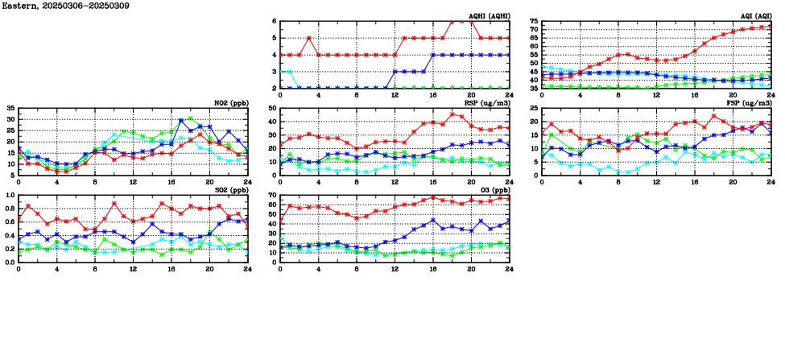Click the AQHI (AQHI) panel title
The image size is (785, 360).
(x=489, y=15)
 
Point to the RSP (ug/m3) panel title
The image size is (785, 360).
(x=487, y=102)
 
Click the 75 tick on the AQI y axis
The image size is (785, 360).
(x=533, y=21)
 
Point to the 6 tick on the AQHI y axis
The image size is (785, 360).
(x=274, y=21)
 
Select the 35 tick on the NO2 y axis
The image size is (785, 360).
(x=10, y=108)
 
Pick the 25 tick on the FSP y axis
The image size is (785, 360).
(x=533, y=108)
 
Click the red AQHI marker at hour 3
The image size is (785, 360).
(x=309, y=38)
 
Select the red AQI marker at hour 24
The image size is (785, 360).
(x=771, y=26)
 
